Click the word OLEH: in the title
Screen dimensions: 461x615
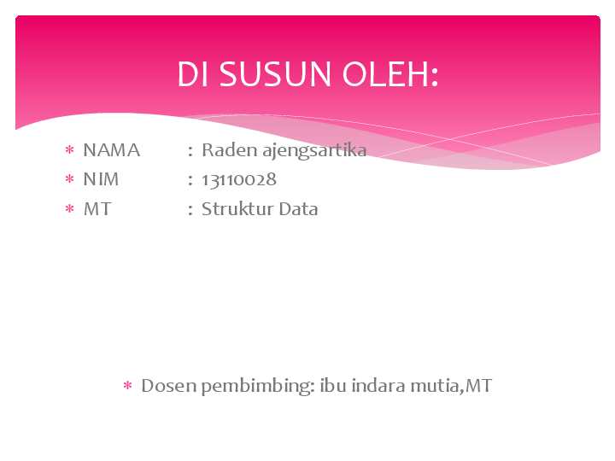coord(390,75)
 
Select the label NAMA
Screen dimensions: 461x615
coord(111,151)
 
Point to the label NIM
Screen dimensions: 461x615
coord(101,180)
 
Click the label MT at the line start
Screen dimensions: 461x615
coord(97,209)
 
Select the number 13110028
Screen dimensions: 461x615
coord(239,180)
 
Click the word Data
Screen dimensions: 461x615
coord(297,209)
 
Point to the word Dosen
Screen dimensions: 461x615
coord(168,386)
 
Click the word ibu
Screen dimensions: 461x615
coord(333,386)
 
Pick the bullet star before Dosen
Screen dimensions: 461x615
coord(127,387)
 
